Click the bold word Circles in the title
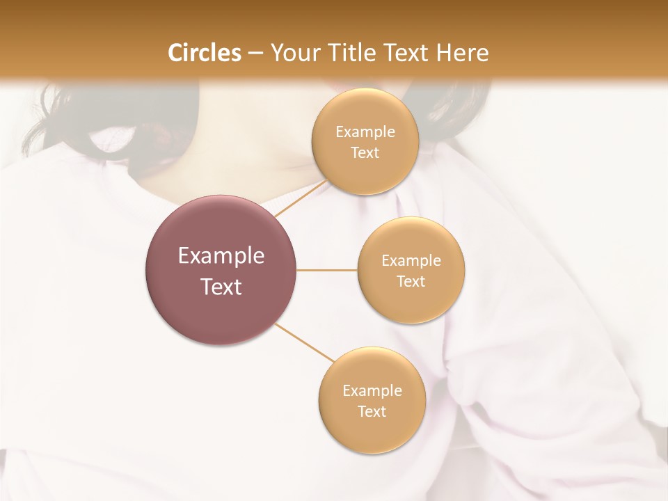pos(204,53)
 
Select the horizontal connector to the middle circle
pos(326,270)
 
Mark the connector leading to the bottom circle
pos(304,342)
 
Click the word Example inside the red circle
pos(221,256)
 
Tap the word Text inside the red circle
pos(221,287)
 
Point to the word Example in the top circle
pos(365,132)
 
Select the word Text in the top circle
pos(365,153)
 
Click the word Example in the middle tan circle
pos(411,261)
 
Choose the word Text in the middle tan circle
pos(411,282)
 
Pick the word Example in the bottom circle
pos(372,391)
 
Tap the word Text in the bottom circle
pos(372,412)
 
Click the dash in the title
pos(255,54)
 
